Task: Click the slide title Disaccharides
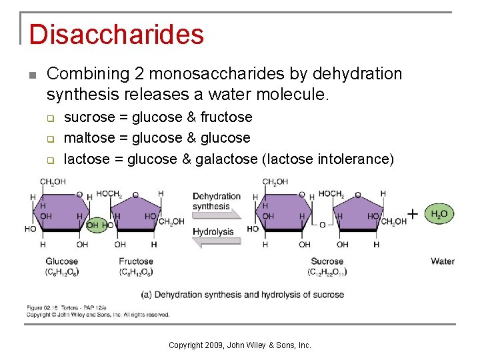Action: [x=116, y=35]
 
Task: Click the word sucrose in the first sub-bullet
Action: [x=89, y=117]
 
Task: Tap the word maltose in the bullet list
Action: [x=89, y=138]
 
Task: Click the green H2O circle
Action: [x=439, y=214]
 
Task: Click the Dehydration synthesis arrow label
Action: [x=216, y=201]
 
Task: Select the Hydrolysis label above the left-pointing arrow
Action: [x=213, y=232]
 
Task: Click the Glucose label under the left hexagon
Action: [x=61, y=261]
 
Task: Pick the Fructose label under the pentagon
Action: [x=136, y=261]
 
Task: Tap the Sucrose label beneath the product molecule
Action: [x=327, y=261]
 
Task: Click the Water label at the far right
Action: [x=443, y=261]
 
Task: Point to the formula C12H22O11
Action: [x=327, y=272]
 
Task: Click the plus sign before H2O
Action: [x=413, y=214]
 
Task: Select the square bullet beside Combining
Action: [x=31, y=74]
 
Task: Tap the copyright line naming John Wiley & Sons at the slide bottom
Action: [x=240, y=345]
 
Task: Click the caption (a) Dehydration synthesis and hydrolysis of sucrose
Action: [x=243, y=295]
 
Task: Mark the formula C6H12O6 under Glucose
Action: [x=61, y=272]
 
